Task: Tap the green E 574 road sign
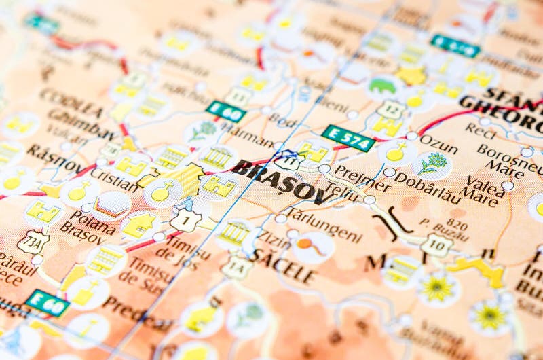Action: tap(348, 138)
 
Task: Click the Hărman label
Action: tap(247, 138)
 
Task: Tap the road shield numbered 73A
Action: tap(33, 241)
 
